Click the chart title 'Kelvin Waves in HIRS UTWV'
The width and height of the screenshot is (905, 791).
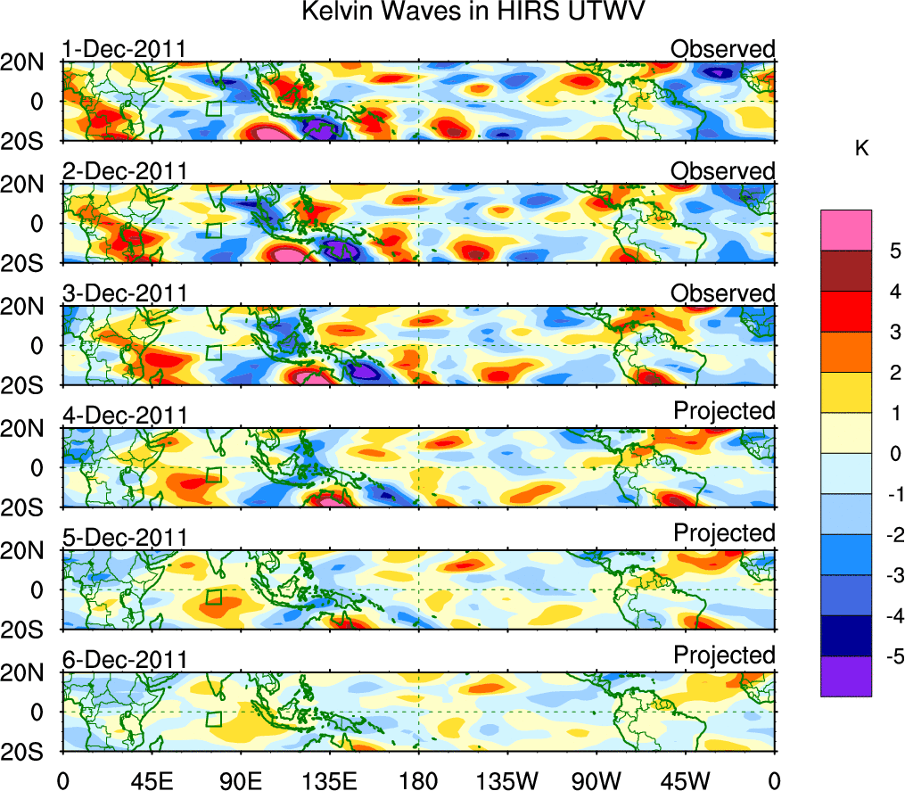point(473,12)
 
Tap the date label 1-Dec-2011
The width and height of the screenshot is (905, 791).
point(124,49)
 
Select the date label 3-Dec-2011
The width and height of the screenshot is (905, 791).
point(124,293)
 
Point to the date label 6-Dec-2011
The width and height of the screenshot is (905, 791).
point(124,660)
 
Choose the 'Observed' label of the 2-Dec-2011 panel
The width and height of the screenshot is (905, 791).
point(723,170)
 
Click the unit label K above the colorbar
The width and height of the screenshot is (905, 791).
point(861,150)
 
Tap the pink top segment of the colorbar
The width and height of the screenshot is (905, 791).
point(845,231)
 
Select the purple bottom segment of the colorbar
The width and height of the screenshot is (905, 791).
point(845,676)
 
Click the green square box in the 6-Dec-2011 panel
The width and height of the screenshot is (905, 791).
point(213,720)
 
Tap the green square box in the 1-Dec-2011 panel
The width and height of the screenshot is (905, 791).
point(213,109)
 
